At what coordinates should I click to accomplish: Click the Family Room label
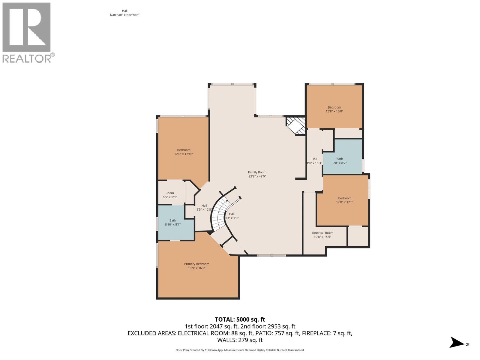click(x=257, y=174)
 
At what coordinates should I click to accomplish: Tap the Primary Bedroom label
click(x=196, y=266)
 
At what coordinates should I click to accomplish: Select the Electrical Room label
click(x=322, y=235)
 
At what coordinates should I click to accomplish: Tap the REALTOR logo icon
click(x=27, y=28)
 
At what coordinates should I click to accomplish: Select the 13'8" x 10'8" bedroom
click(x=334, y=109)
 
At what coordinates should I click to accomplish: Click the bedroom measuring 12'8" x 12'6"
click(x=344, y=200)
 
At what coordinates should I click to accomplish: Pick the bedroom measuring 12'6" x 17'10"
click(x=184, y=152)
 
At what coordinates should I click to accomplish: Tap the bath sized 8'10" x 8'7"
click(x=172, y=222)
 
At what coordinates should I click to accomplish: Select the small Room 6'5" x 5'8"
click(x=169, y=195)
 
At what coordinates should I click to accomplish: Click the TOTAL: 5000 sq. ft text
click(x=240, y=319)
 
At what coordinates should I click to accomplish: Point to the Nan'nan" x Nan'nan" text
click(x=125, y=15)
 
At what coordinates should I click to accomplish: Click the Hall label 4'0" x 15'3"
click(x=314, y=161)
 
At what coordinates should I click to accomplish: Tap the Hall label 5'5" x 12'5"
click(x=204, y=208)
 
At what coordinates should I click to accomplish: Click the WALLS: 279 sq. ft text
click(x=240, y=340)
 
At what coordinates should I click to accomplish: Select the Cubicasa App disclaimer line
click(x=240, y=350)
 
